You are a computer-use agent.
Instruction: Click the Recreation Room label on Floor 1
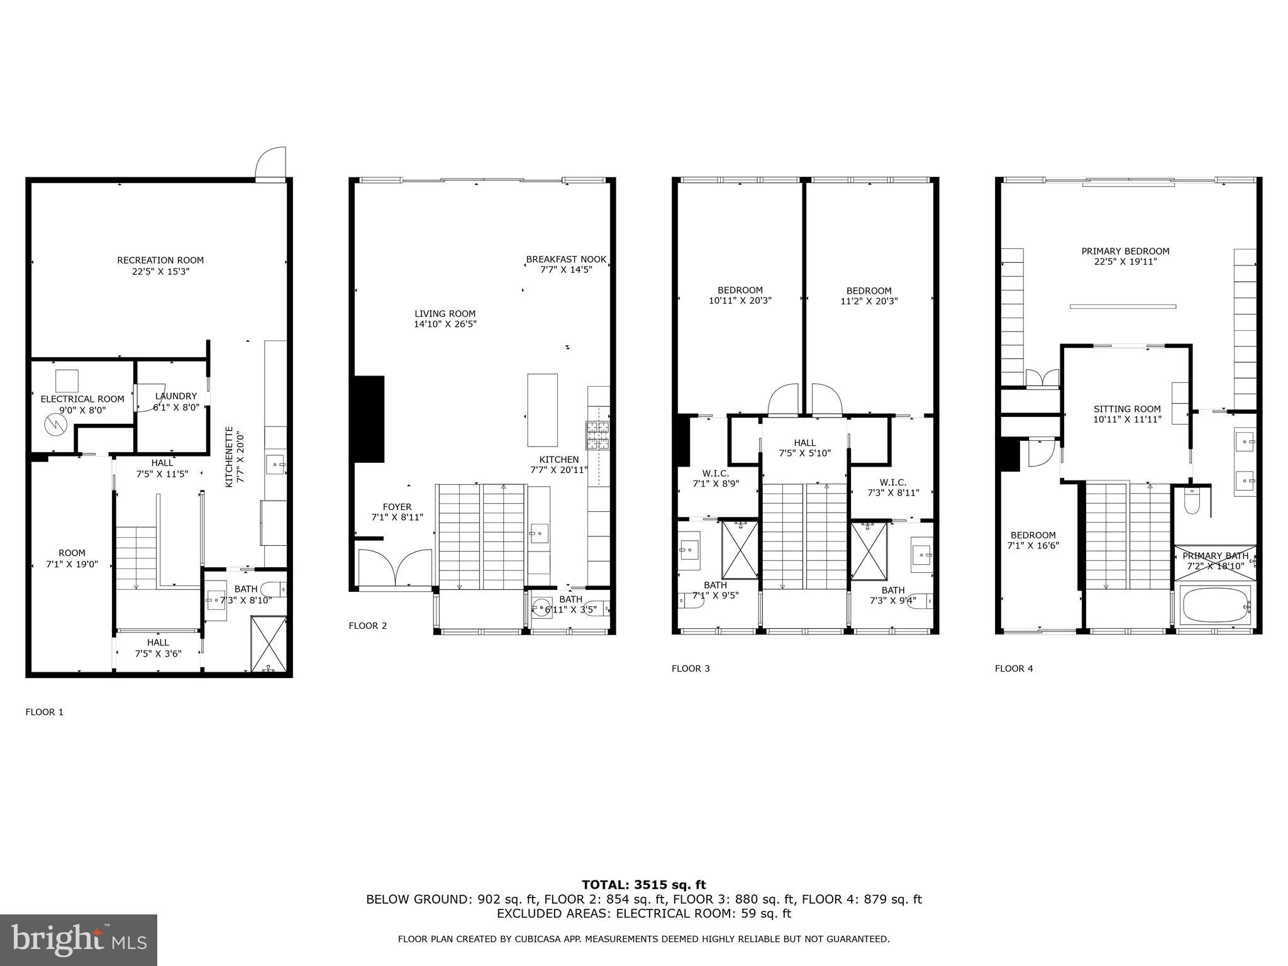click(x=160, y=260)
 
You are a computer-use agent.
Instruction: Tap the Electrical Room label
click(x=82, y=399)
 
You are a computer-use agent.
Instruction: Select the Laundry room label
click(x=176, y=396)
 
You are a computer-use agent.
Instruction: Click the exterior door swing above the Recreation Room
click(x=270, y=164)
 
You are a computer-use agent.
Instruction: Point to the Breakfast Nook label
click(x=566, y=259)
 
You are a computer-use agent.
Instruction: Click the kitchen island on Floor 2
click(x=542, y=410)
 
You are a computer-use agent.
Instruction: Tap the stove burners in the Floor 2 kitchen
click(x=598, y=435)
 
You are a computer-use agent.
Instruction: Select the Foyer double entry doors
click(x=395, y=568)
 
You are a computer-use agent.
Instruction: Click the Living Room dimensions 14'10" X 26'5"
click(x=445, y=325)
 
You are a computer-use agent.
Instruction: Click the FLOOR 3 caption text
click(x=691, y=669)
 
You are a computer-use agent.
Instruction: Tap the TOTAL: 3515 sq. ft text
click(x=643, y=885)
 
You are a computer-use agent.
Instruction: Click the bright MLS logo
click(x=79, y=940)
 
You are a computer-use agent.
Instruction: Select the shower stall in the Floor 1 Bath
click(x=269, y=645)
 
